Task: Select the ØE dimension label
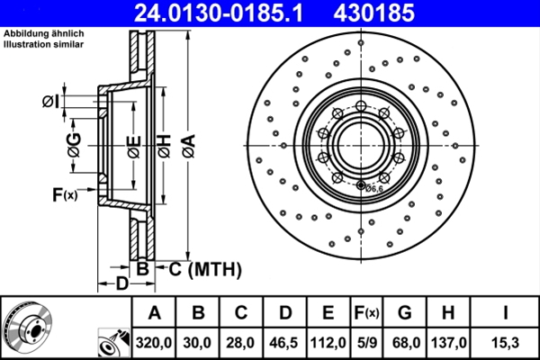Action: point(132,144)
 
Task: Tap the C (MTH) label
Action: point(201,267)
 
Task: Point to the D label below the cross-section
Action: point(121,285)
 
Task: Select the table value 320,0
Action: point(154,342)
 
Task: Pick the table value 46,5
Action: point(284,342)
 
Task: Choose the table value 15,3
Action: point(506,342)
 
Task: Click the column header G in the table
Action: point(407,313)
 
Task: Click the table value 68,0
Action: point(407,342)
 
